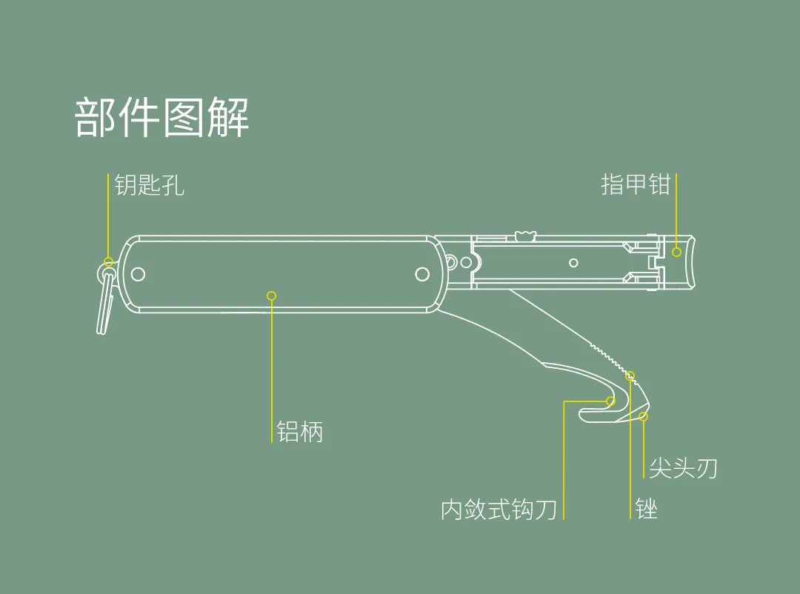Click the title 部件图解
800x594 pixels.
click(x=161, y=118)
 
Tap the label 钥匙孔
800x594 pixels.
click(x=149, y=185)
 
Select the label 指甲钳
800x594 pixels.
click(x=635, y=184)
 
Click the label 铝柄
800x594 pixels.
click(x=300, y=431)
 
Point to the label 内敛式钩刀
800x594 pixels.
click(x=499, y=510)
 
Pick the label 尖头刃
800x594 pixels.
click(x=683, y=468)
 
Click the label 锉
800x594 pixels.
click(x=647, y=509)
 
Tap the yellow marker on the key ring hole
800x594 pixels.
click(x=109, y=261)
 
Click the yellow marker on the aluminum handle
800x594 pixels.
click(x=272, y=296)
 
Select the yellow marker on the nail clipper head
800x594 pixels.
click(x=676, y=253)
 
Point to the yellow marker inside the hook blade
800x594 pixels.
click(x=610, y=401)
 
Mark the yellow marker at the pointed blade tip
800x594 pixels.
click(x=643, y=416)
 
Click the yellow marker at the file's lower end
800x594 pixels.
click(x=630, y=376)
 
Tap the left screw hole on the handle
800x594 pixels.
click(x=138, y=274)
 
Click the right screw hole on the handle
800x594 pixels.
click(x=422, y=274)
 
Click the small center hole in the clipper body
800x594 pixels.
click(x=573, y=262)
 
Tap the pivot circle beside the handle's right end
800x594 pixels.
click(x=466, y=261)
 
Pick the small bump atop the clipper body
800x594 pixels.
click(x=525, y=235)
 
